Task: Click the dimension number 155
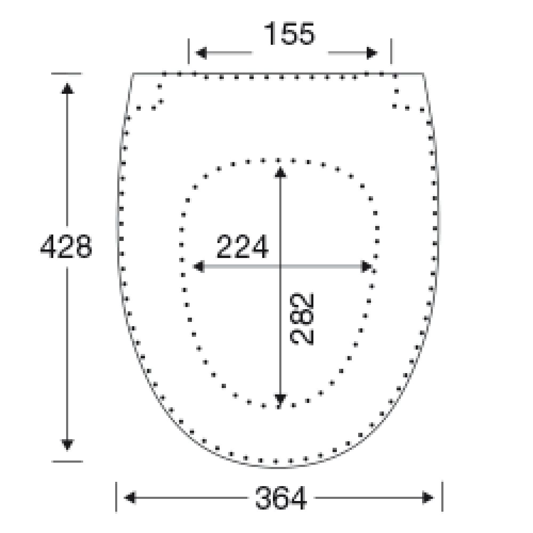click(289, 34)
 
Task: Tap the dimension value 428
click(66, 246)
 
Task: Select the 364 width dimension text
click(281, 498)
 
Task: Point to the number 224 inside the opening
click(243, 246)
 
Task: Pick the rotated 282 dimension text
click(302, 319)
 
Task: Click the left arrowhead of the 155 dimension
click(201, 53)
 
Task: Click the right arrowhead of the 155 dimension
click(372, 53)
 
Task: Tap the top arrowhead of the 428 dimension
click(67, 88)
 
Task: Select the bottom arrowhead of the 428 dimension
click(67, 445)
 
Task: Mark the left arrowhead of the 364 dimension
click(130, 498)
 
